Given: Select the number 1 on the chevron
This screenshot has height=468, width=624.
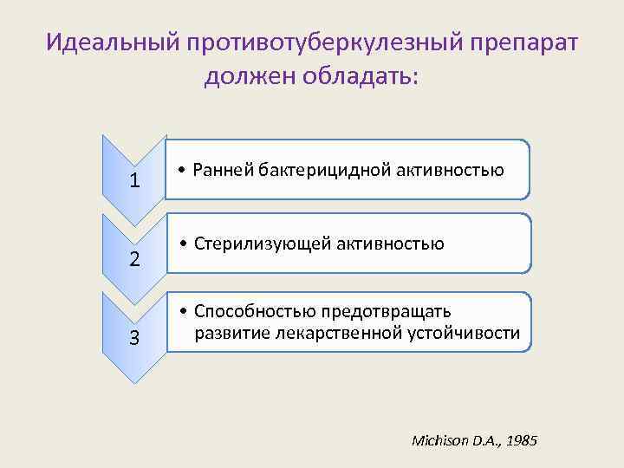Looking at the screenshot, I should click(134, 181).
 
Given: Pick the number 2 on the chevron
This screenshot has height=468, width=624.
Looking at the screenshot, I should click(134, 259).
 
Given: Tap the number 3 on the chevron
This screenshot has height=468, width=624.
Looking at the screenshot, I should click(134, 337).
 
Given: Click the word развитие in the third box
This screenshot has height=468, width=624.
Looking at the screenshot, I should click(229, 333).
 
